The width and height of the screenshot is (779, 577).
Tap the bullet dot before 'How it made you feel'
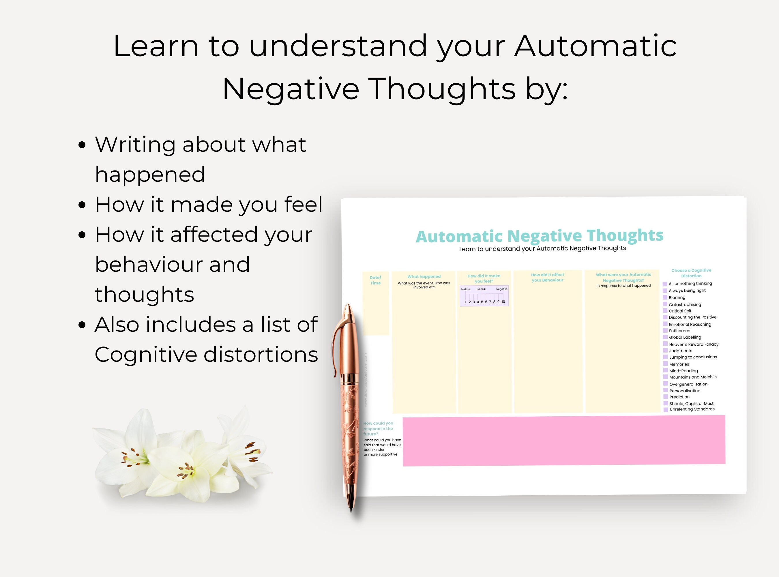(82, 205)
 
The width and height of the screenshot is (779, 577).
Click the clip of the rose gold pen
(336, 346)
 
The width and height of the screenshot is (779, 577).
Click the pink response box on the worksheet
(564, 441)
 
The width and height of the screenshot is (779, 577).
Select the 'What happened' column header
(424, 277)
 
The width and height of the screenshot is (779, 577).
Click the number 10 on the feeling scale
(503, 302)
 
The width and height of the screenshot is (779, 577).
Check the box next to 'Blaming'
(665, 297)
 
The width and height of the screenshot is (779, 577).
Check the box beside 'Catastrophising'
(665, 304)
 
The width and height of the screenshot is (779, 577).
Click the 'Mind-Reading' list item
(683, 371)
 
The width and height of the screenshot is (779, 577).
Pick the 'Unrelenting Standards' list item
(692, 409)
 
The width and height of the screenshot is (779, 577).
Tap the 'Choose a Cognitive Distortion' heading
(691, 273)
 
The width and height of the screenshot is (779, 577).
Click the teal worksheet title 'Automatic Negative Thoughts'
(539, 236)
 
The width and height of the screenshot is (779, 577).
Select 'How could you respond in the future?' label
(378, 428)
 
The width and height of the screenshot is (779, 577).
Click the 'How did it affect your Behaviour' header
(547, 277)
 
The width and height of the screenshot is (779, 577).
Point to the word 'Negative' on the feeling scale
(502, 289)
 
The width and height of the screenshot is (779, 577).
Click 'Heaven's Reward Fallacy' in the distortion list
(693, 344)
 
